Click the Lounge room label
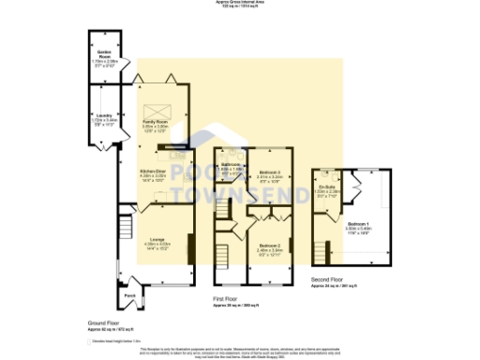pyautogui.click(x=157, y=243)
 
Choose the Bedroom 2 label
pyautogui.click(x=271, y=248)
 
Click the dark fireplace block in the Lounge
pyautogui.click(x=191, y=249)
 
